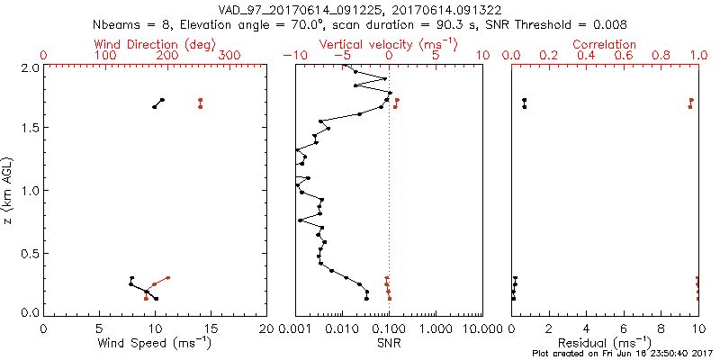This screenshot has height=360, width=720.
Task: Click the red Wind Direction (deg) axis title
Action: (155, 44)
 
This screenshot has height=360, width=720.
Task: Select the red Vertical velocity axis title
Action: (388, 44)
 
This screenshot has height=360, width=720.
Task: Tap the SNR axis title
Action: (388, 344)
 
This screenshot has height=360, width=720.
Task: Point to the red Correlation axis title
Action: (605, 44)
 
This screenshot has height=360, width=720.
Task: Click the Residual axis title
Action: (605, 344)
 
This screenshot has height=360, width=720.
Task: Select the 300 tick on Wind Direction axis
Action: (229, 56)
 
